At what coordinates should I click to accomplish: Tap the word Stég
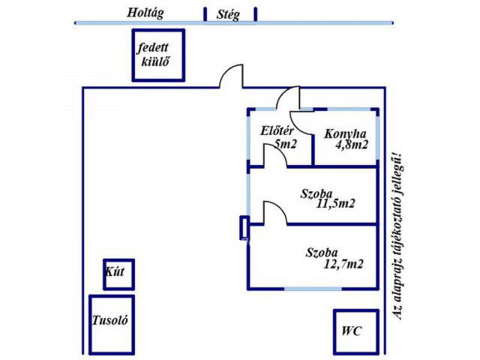pyautogui.click(x=228, y=14)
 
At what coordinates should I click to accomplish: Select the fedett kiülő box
pyautogui.click(x=158, y=55)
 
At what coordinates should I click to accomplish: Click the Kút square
pyautogui.click(x=119, y=274)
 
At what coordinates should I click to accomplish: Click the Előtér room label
pyautogui.click(x=274, y=132)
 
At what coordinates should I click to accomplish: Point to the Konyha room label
pyautogui.click(x=344, y=134)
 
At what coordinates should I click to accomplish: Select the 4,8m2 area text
pyautogui.click(x=349, y=145)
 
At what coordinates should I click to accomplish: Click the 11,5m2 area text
pyautogui.click(x=335, y=202)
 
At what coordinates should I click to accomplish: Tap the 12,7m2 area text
pyautogui.click(x=345, y=264)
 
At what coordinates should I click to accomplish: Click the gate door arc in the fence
pyautogui.click(x=231, y=76)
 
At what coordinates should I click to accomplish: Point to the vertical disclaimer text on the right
pyautogui.click(x=397, y=232)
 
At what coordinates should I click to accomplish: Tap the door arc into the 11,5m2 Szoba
pyautogui.click(x=273, y=211)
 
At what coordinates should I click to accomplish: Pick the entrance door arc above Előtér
pyautogui.click(x=287, y=98)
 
